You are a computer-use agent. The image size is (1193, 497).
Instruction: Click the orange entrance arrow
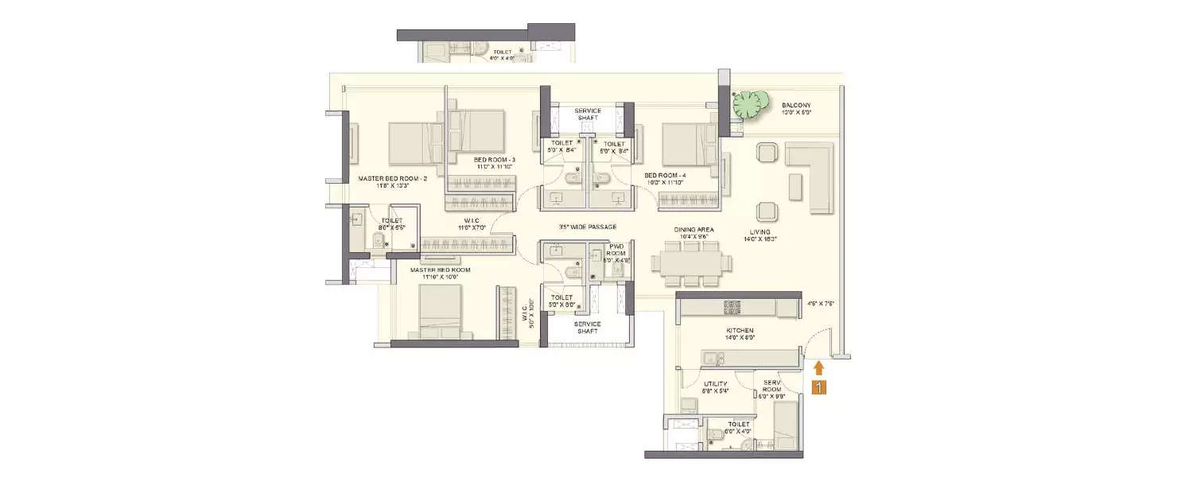tap(818, 367)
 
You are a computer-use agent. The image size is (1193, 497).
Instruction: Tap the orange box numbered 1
tap(818, 388)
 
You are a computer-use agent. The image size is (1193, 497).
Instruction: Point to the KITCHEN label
tap(740, 330)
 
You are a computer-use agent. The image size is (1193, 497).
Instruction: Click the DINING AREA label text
tap(694, 229)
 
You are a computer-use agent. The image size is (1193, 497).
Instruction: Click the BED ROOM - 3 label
tap(495, 161)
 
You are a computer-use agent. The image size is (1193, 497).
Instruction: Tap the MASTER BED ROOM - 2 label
tap(393, 179)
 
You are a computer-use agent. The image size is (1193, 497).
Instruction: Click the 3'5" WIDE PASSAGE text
tap(587, 227)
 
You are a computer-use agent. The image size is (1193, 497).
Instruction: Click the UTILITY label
tap(716, 384)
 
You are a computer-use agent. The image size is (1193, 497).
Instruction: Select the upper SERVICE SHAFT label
tap(588, 114)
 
